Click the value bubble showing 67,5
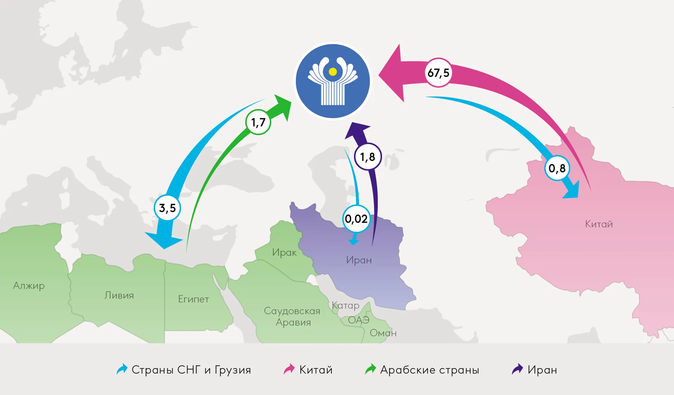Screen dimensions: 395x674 tap(438, 73)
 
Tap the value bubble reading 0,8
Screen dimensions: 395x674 tap(557, 168)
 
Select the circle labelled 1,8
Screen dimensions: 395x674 tap(368, 157)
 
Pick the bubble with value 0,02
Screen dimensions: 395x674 tap(356, 219)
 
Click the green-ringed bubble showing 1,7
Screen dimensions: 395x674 tap(258, 122)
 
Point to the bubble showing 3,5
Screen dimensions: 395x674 tap(167, 208)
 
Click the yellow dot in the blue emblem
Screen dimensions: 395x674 tap(333, 72)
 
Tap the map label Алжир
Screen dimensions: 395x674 tap(29, 285)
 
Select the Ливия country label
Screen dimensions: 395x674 tap(119, 295)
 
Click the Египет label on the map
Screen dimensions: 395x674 tap(193, 299)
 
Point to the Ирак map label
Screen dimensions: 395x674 tap(284, 252)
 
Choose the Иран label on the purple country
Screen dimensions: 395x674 tap(359, 260)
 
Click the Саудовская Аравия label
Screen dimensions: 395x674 tap(292, 316)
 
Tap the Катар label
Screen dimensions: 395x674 tap(345, 305)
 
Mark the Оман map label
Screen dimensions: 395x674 tap(383, 333)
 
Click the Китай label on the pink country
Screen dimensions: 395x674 tap(599, 224)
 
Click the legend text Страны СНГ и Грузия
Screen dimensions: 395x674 tap(191, 370)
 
